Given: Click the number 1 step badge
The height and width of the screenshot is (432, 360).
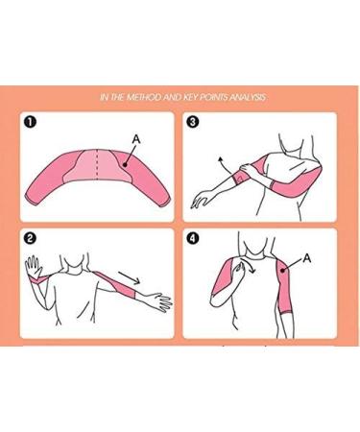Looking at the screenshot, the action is tap(32, 122).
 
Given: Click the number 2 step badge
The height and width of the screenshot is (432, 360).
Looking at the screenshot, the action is tap(32, 238).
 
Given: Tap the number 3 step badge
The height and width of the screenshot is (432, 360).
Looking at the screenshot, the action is tap(194, 122).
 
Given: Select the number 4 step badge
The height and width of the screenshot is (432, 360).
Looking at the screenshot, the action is tap(194, 238).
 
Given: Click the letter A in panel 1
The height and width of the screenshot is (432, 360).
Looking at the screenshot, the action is tap(136, 139).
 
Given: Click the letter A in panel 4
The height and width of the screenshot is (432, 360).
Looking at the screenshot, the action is tap(306, 258).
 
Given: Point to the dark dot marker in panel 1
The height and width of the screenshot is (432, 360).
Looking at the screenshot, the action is tap(125, 165).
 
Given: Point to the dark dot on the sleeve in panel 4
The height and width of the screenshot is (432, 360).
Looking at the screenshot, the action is tap(282, 271).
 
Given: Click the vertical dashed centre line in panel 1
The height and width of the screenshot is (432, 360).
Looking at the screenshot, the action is tap(97, 165).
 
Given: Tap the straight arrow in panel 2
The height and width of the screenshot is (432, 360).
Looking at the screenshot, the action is tap(130, 277).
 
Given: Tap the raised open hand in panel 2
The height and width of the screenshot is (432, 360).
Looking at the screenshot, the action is tap(34, 266).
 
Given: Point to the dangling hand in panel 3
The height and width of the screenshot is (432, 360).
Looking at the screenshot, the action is tap(202, 199).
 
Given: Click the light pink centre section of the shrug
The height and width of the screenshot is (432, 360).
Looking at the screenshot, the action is tap(97, 166).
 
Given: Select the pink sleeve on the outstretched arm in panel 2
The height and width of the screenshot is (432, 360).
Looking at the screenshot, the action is tap(116, 284).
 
